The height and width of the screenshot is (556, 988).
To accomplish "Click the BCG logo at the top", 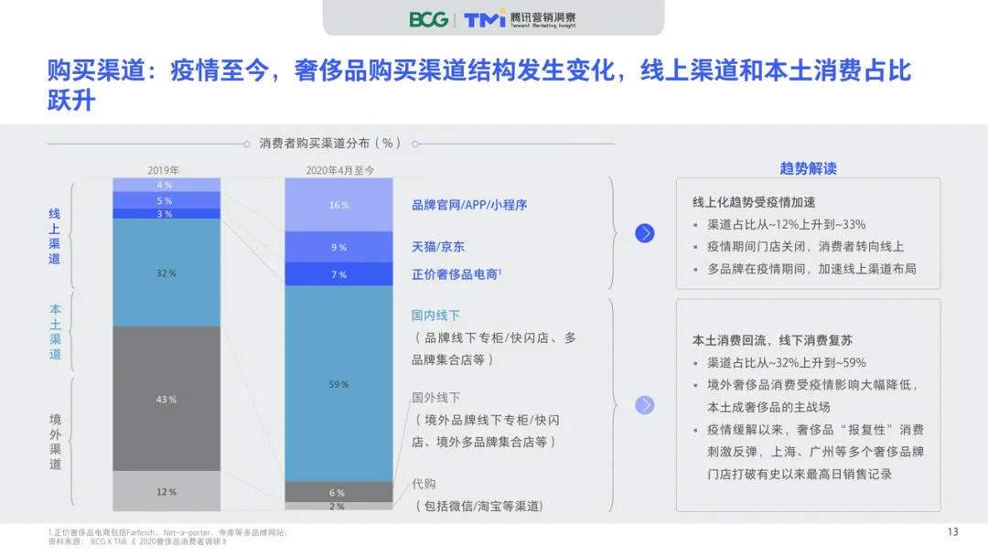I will [x=428, y=19].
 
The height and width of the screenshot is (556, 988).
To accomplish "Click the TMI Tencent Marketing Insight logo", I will [x=520, y=19].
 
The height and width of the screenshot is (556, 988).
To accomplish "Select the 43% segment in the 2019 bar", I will [x=166, y=399].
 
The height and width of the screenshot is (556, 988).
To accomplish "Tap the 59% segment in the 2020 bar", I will [x=338, y=384].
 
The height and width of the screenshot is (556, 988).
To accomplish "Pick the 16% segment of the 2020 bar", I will [x=338, y=205].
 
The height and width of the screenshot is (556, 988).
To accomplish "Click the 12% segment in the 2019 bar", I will [x=166, y=491].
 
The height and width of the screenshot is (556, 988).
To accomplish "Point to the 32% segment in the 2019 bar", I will [x=166, y=273].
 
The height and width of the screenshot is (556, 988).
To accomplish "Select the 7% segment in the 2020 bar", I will [x=338, y=274].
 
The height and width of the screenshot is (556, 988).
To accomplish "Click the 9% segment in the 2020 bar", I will [x=338, y=247].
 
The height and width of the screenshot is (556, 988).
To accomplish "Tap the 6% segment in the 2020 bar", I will [x=338, y=492].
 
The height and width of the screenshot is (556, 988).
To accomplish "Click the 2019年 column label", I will [x=164, y=170].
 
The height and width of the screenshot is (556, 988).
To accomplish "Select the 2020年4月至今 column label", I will [x=339, y=170].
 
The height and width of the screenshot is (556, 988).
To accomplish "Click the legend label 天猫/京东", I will [x=437, y=247].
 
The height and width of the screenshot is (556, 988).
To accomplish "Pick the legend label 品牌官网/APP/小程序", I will [x=468, y=205].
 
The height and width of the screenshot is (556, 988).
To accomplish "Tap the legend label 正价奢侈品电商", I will [x=456, y=273].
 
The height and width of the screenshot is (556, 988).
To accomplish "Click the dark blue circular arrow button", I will [x=645, y=233].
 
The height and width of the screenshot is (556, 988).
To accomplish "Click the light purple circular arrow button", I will [x=645, y=405].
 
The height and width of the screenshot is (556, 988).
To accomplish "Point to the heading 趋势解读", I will [x=808, y=168].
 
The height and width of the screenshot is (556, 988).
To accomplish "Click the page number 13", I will [x=952, y=532].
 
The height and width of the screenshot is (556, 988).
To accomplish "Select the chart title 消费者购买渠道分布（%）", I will [x=330, y=144].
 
